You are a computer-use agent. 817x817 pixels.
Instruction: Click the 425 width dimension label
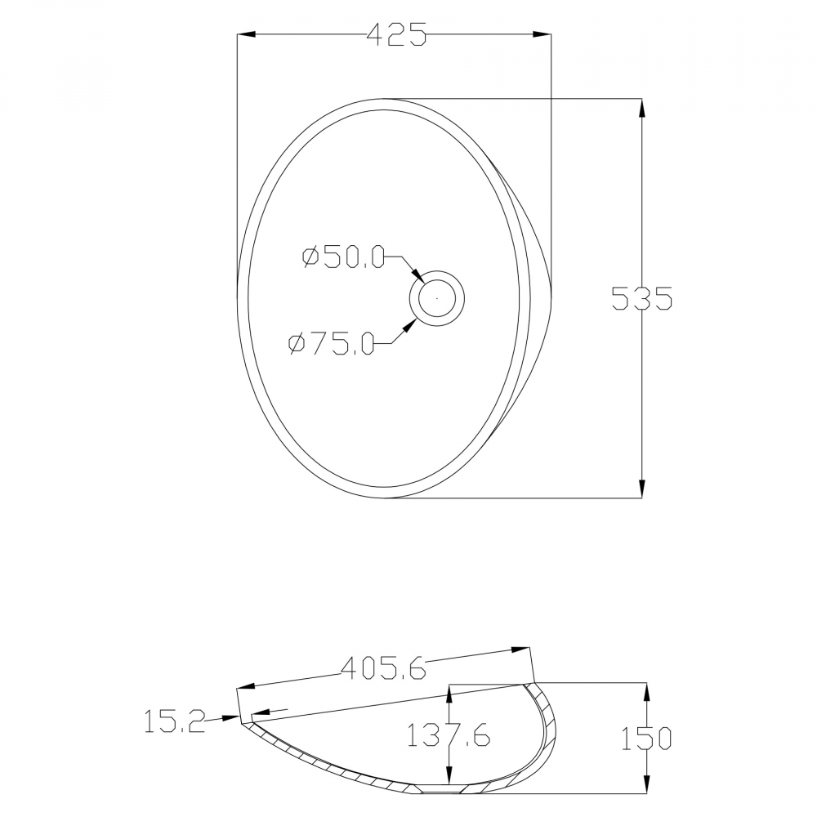click(x=397, y=34)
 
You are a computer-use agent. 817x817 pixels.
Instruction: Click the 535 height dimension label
click(x=642, y=298)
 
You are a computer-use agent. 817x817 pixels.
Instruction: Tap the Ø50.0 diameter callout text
click(x=343, y=257)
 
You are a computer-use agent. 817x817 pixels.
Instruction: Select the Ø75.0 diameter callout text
click(x=332, y=343)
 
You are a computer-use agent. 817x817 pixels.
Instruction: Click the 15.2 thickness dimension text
click(x=175, y=721)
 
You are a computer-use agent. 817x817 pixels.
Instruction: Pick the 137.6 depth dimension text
click(x=448, y=734)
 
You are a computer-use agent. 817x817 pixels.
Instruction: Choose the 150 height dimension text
click(x=646, y=738)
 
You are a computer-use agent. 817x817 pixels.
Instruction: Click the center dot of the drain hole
click(x=436, y=298)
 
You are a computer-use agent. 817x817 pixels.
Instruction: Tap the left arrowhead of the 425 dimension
click(x=246, y=34)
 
